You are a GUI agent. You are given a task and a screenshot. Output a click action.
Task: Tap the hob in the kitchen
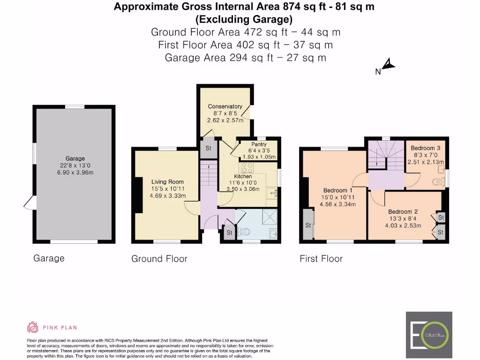[x=247, y=167]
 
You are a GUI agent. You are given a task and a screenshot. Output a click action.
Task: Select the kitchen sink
[x=272, y=192]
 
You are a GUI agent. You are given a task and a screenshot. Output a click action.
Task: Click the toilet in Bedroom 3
[x=437, y=182]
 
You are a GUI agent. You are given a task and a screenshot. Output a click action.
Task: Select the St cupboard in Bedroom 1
[x=308, y=225]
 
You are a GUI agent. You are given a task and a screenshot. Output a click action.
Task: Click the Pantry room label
[x=259, y=144]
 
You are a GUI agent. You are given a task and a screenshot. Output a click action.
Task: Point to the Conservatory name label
[x=225, y=106]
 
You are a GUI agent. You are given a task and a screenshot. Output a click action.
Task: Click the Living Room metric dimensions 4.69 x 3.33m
[x=167, y=195]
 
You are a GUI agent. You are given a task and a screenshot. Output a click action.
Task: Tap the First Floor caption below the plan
[x=321, y=259]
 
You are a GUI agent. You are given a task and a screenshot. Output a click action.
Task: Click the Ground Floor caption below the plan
[x=159, y=259]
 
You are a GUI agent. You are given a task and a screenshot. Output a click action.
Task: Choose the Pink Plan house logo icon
[x=32, y=327]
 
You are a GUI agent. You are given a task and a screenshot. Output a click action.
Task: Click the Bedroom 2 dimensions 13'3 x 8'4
[x=400, y=218]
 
